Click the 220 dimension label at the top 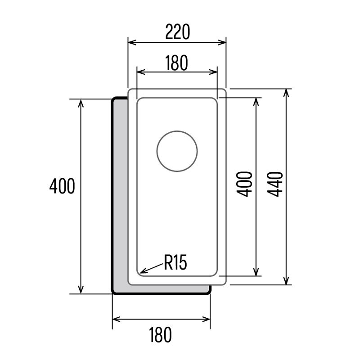177,32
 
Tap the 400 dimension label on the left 62,186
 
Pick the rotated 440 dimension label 274,184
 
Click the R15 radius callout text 175,262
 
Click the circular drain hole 177,151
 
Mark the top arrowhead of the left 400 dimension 81,102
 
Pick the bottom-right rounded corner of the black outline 208,292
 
